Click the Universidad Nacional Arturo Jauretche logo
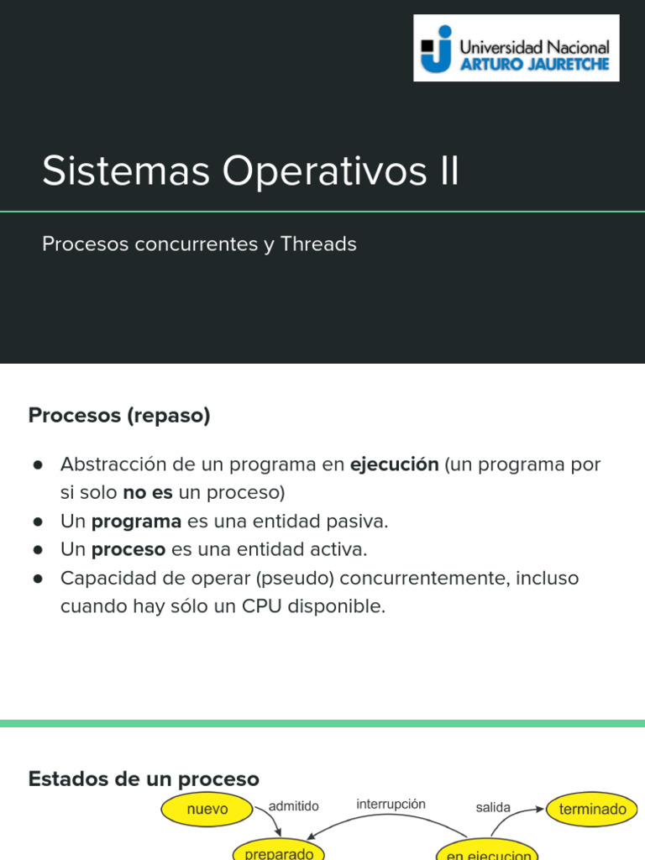tap(516, 48)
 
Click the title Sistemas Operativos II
tap(250, 171)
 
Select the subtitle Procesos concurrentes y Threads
tap(199, 244)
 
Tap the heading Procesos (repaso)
tap(119, 415)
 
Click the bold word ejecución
tap(394, 464)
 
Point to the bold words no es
tap(148, 492)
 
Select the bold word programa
tap(136, 522)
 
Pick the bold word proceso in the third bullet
tap(128, 550)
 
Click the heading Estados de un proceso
tap(144, 779)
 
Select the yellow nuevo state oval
tap(207, 810)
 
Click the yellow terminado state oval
tap(593, 810)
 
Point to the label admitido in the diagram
tap(294, 806)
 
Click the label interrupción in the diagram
tap(391, 804)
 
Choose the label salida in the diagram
tap(493, 807)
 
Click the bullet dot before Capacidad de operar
tap(38, 579)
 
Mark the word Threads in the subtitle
tap(318, 244)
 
